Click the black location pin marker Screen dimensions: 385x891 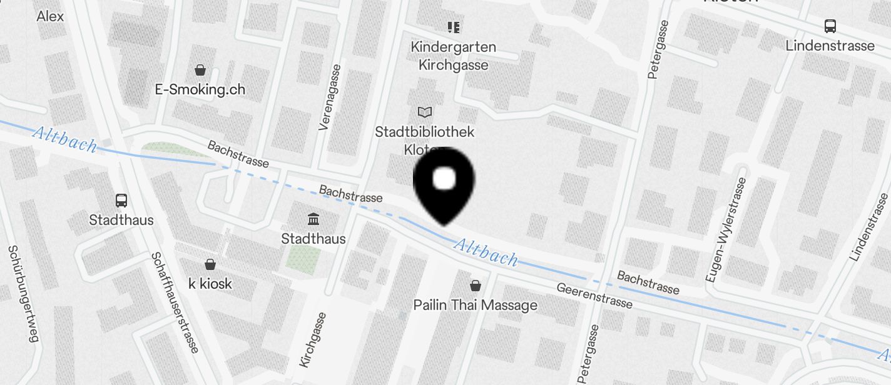pos(444,185)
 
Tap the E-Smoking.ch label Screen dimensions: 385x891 pos(200,89)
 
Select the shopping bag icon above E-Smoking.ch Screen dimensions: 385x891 pos(200,69)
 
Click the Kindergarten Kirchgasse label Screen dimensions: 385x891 pos(454,56)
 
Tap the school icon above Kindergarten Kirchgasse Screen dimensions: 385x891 pos(454,27)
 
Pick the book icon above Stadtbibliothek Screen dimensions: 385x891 pos(425,112)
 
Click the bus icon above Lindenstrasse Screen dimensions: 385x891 pos(830,26)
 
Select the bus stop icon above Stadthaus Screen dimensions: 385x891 pos(121,201)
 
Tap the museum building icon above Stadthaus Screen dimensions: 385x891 pos(313,219)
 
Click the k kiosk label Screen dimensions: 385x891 pos(210,284)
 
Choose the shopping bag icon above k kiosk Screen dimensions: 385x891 pos(210,264)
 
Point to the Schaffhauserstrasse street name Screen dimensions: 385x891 pos(175,302)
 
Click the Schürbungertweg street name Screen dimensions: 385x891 pos(23,293)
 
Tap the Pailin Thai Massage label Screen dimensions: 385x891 pos(476,305)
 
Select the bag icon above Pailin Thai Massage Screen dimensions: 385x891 pos(476,286)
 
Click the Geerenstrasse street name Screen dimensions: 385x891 pos(594,296)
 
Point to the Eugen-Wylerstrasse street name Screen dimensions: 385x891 pos(726,229)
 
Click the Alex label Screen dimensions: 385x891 pos(51,16)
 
